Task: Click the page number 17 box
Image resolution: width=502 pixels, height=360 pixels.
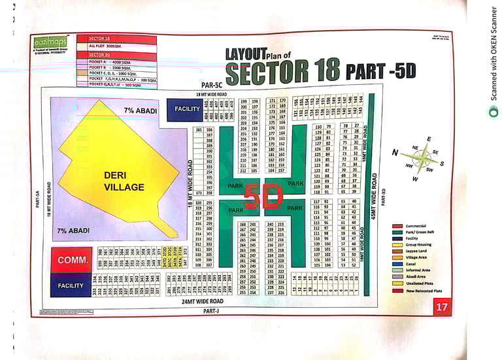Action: [x=442, y=306]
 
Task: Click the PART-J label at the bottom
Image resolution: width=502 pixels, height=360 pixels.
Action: [x=210, y=311]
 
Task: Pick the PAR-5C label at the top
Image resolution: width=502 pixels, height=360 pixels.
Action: [x=211, y=85]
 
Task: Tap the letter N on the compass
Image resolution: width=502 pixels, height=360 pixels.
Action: [x=395, y=153]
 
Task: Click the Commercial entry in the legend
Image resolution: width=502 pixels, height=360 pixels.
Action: [x=416, y=226]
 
